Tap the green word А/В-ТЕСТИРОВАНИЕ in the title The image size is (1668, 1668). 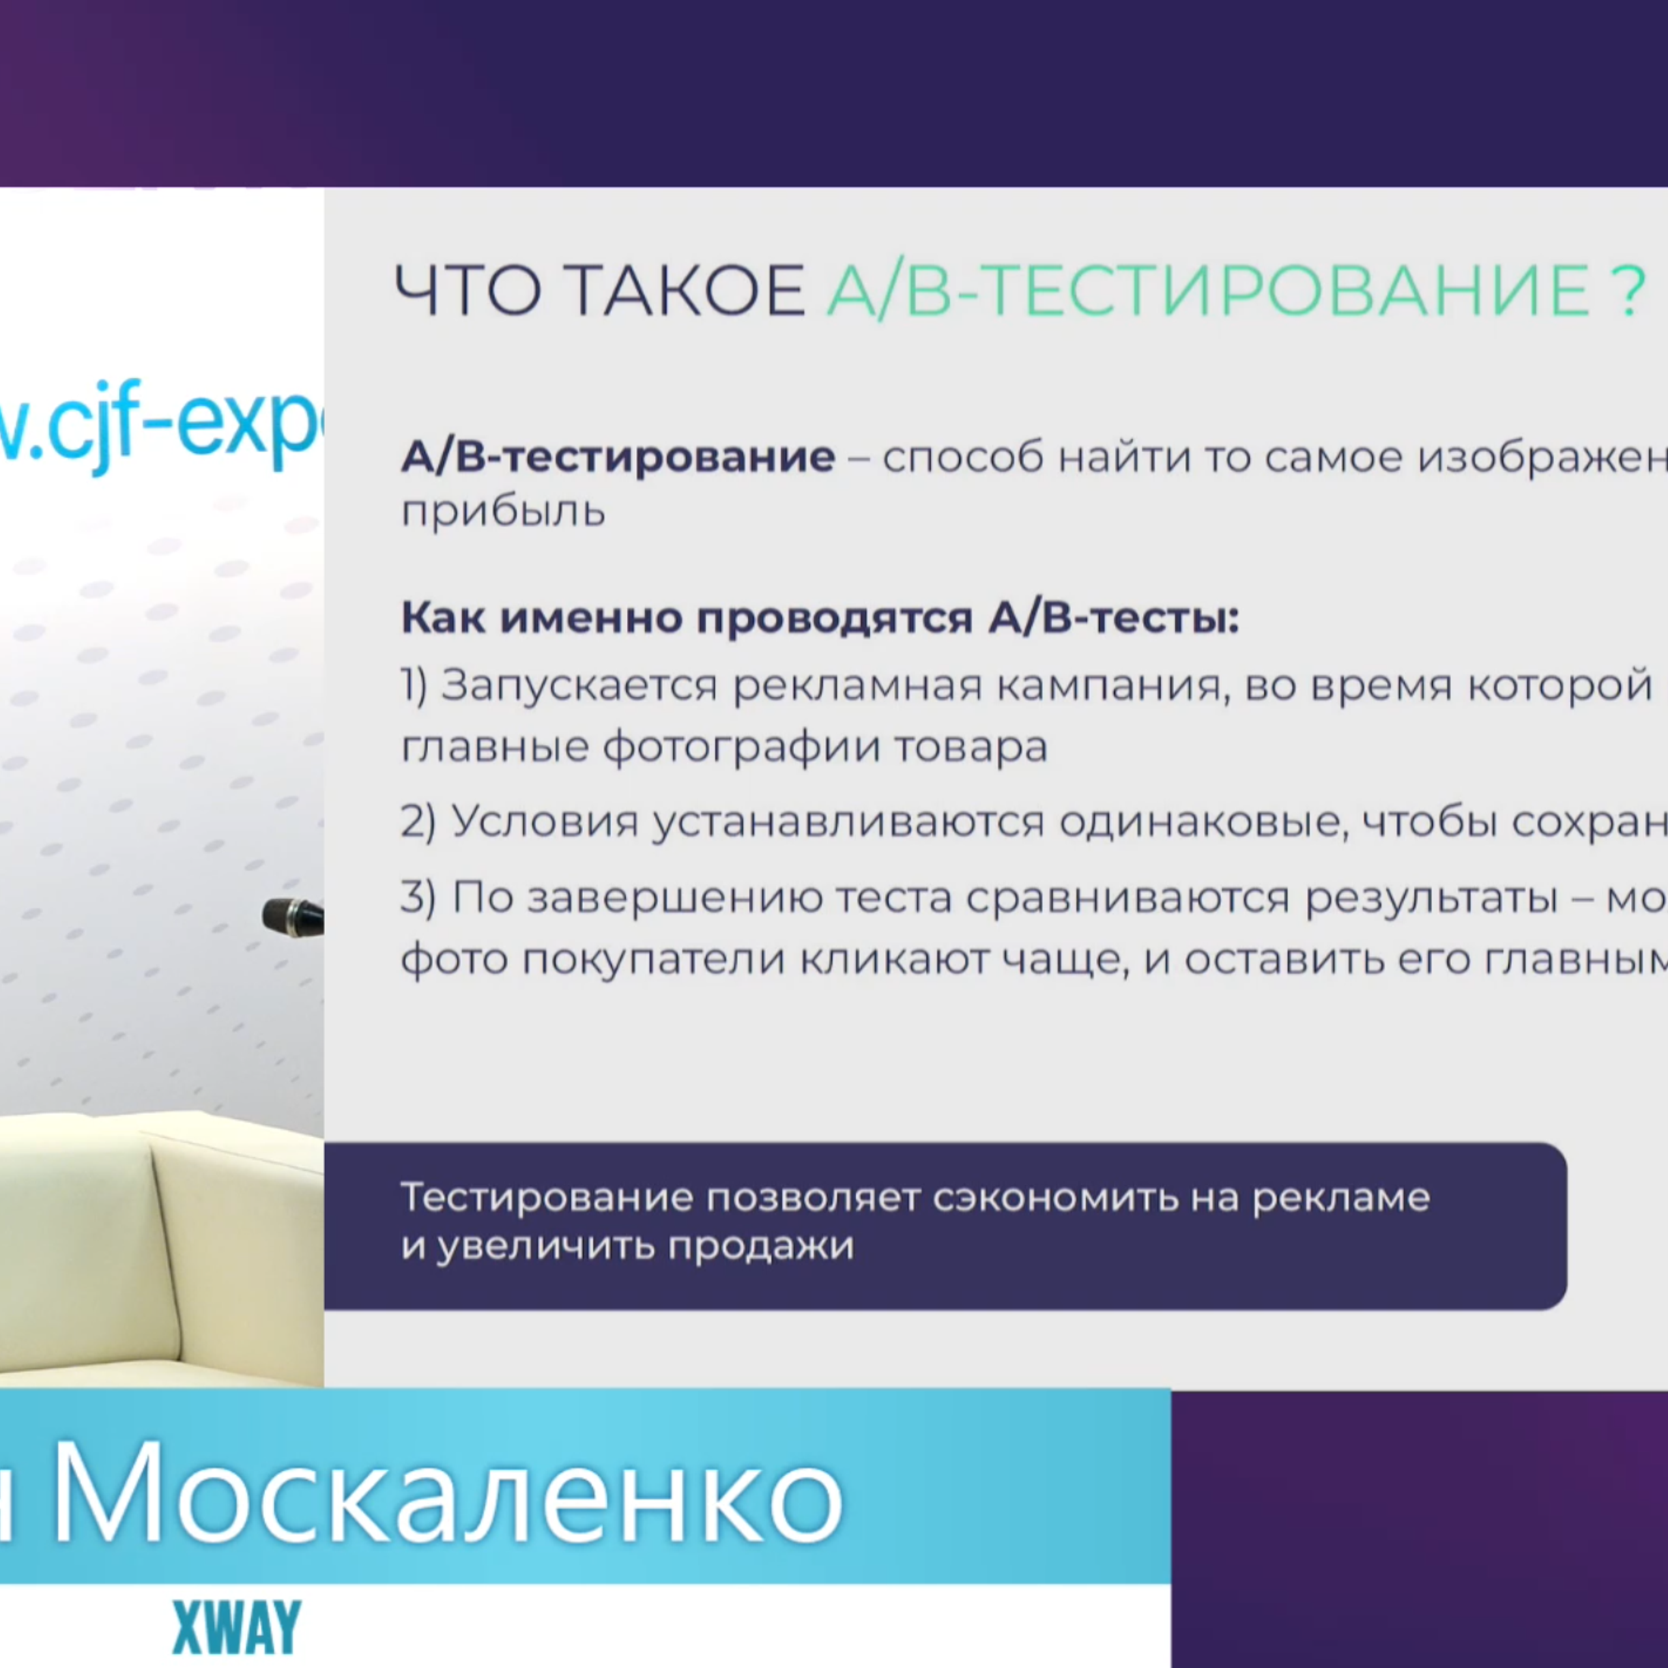(1207, 291)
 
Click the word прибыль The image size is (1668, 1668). (504, 513)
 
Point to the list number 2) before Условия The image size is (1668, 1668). (418, 822)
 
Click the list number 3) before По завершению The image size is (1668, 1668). (418, 898)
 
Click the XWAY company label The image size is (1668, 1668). (237, 1628)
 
